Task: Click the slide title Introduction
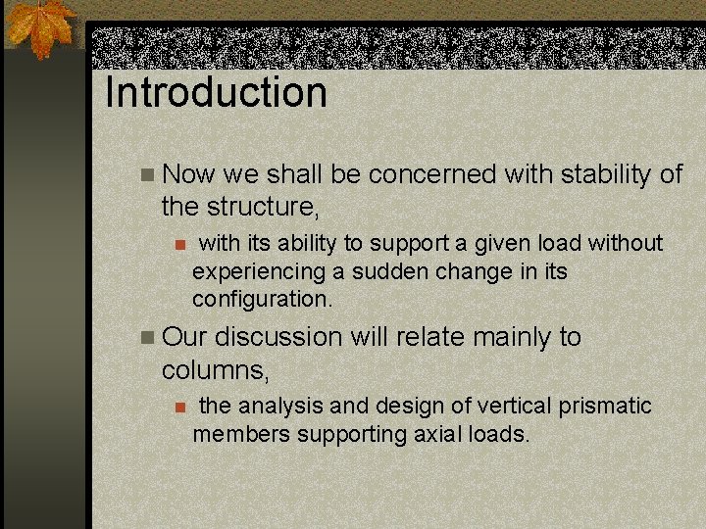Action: coord(216,94)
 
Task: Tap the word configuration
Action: coord(262,298)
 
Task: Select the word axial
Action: coord(438,433)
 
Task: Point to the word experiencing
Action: coord(258,270)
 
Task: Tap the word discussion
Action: coord(278,337)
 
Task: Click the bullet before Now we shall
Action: coord(147,175)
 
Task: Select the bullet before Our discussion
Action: coord(147,338)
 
